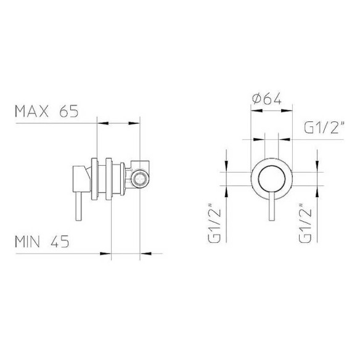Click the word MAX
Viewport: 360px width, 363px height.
tap(31, 112)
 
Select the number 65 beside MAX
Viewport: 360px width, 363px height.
tap(69, 112)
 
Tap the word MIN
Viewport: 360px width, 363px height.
tap(27, 242)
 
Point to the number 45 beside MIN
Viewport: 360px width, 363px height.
tap(60, 242)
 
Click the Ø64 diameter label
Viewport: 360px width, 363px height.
tap(266, 99)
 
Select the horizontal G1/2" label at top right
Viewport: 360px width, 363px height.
tap(324, 128)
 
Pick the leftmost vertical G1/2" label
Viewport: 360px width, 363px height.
tap(214, 223)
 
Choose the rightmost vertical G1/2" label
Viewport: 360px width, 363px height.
tap(305, 223)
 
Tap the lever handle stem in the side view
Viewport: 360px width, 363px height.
tap(78, 206)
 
